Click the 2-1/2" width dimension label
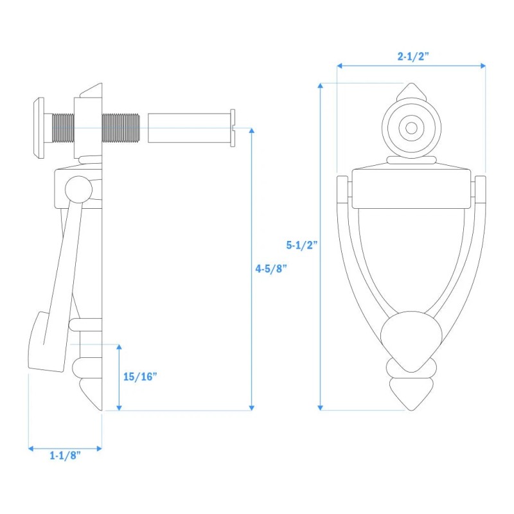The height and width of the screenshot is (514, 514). click(x=413, y=57)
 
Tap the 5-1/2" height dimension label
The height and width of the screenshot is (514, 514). click(x=302, y=245)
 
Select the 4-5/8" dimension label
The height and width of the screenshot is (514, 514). click(x=271, y=269)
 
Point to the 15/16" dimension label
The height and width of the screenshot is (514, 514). click(x=140, y=377)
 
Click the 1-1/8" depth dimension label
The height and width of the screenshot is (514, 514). click(x=65, y=456)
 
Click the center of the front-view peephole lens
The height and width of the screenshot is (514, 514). click(x=411, y=128)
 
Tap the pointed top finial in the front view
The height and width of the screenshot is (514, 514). click(x=411, y=91)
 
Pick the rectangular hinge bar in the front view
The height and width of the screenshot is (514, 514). click(x=411, y=189)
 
